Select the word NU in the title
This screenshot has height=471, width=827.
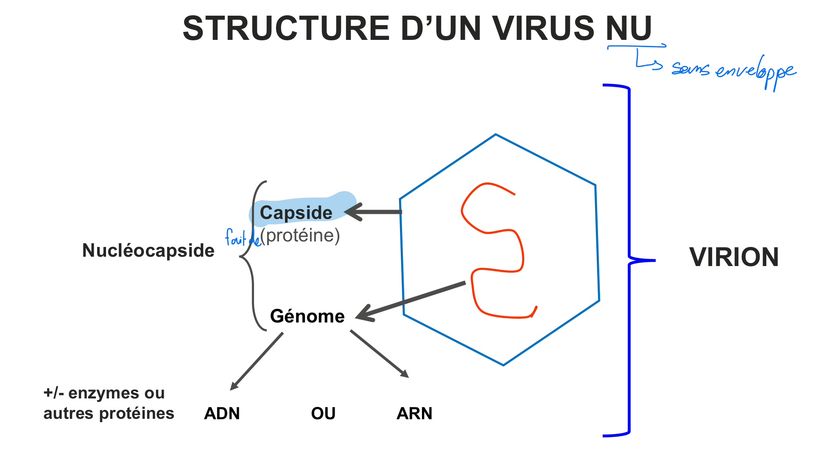point(629,29)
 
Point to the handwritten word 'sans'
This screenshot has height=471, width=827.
point(690,69)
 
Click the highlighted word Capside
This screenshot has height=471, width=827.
point(296,213)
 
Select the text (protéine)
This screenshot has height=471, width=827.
point(300,235)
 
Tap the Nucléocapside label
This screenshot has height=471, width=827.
point(148,250)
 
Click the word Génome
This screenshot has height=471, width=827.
point(307,316)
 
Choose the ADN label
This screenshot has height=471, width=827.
point(222,413)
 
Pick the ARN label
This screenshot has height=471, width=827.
point(414,413)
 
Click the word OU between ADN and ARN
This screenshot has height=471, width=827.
point(323,413)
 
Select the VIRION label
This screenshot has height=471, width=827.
point(734,257)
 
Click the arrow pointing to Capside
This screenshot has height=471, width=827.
point(373,212)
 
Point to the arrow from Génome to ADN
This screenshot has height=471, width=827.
point(257,361)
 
